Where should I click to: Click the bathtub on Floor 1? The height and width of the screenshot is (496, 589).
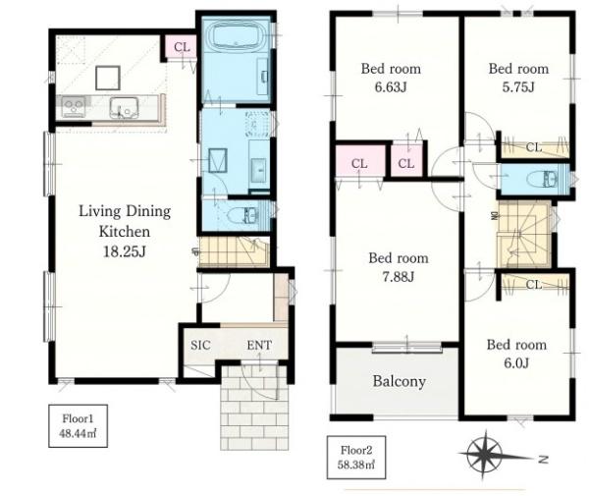(236, 36)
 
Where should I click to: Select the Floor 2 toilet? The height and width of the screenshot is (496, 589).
(542, 179)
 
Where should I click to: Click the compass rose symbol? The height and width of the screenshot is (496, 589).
(485, 455)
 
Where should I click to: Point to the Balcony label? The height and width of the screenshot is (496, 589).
(399, 381)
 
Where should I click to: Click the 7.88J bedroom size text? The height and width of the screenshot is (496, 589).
(399, 277)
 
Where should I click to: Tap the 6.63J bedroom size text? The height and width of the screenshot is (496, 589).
(391, 87)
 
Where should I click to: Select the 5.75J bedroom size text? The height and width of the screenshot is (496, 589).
(518, 87)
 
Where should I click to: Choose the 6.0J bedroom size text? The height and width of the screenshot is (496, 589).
(516, 363)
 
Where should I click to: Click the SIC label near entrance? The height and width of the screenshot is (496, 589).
(200, 345)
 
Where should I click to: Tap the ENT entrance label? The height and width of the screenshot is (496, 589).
(259, 345)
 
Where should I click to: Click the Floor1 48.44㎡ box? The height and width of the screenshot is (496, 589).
(79, 425)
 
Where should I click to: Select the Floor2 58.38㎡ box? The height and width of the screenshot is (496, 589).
(356, 458)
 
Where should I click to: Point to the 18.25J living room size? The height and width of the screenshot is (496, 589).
(125, 251)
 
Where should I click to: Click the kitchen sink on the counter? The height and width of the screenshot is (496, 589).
(124, 107)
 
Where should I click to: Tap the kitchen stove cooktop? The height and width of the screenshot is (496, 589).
(74, 107)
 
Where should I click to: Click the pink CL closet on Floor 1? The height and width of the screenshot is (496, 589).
(182, 47)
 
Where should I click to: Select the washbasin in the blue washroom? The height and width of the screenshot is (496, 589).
(259, 171)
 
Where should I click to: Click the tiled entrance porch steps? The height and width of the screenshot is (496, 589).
(254, 408)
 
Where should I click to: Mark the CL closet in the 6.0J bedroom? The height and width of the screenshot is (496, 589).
(535, 285)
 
